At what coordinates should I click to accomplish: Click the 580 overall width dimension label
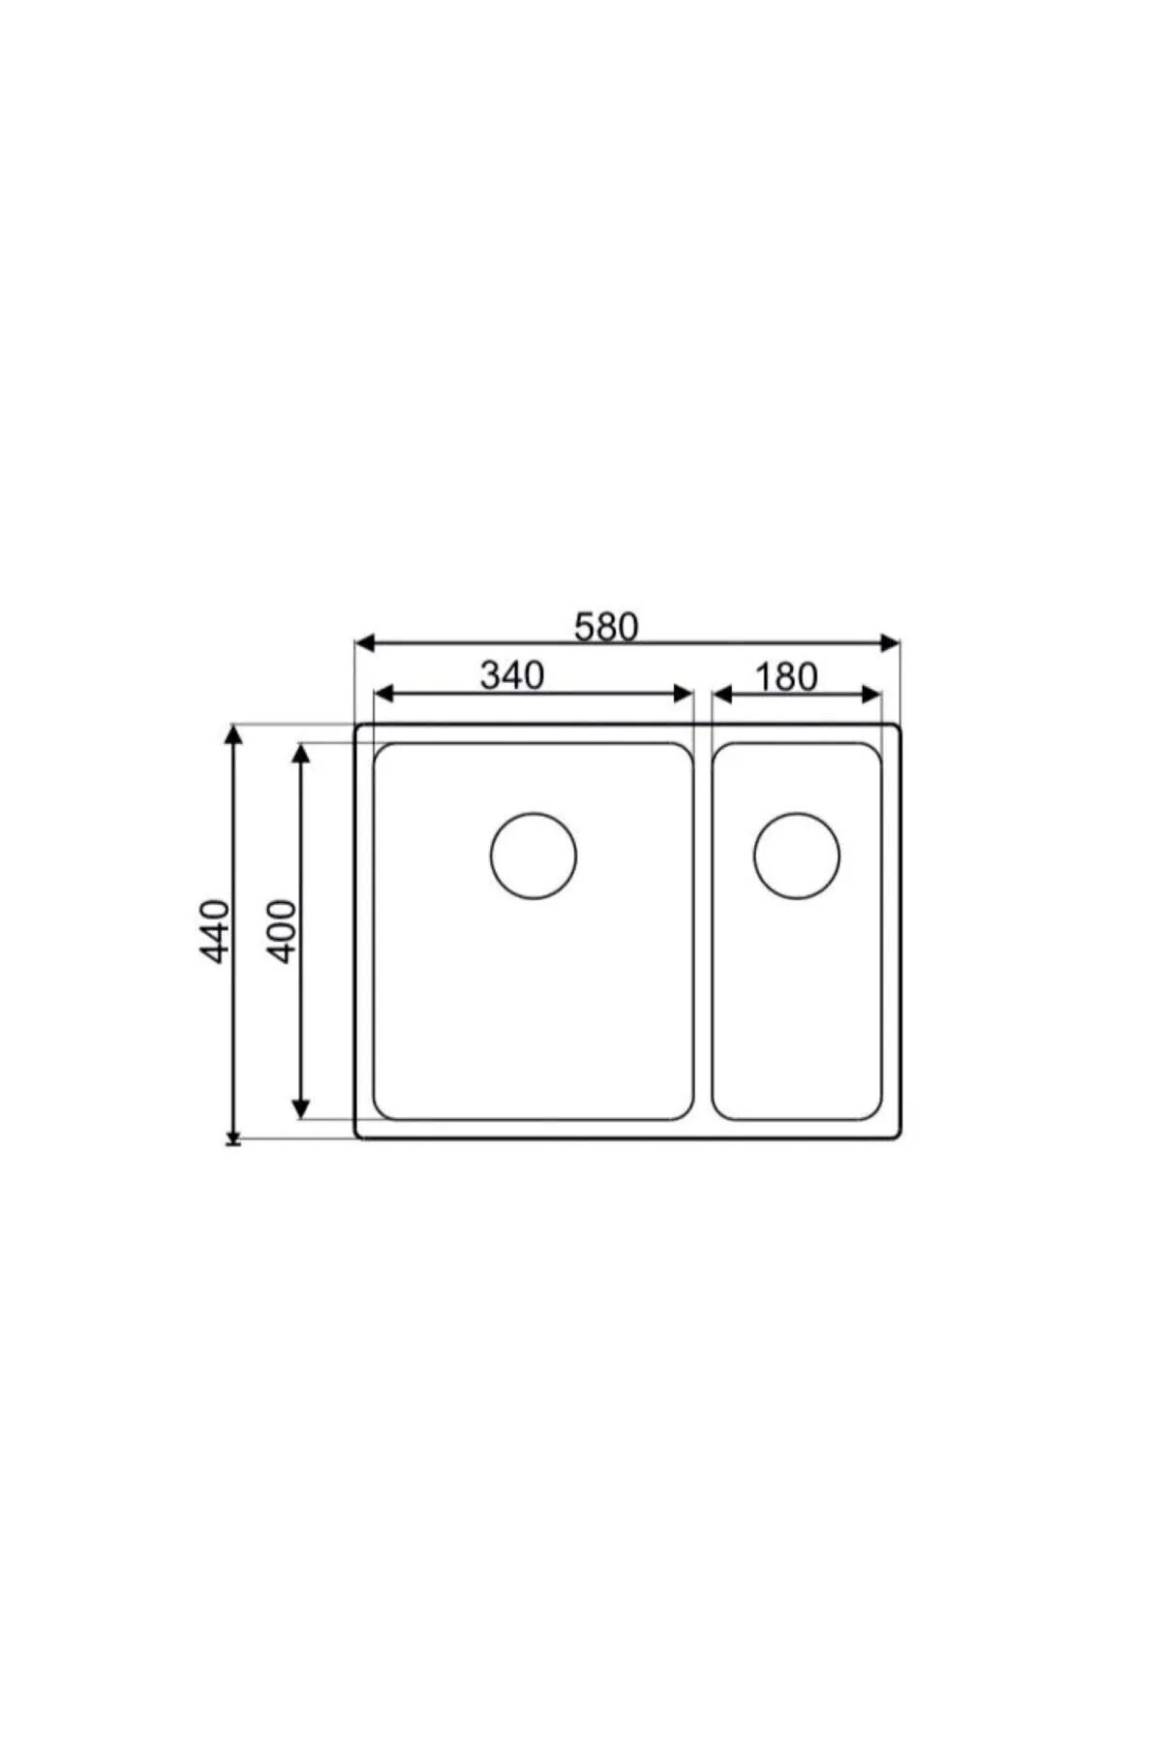(606, 627)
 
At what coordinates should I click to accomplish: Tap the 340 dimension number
(512, 675)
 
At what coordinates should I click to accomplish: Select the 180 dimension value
(786, 677)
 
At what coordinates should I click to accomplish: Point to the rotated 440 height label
(214, 931)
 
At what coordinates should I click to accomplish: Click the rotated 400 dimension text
(281, 931)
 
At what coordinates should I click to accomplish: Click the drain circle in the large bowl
(534, 856)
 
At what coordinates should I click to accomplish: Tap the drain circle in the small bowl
(797, 856)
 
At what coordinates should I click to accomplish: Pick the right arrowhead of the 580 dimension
(890, 642)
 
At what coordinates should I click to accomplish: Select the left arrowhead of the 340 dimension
(384, 693)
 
